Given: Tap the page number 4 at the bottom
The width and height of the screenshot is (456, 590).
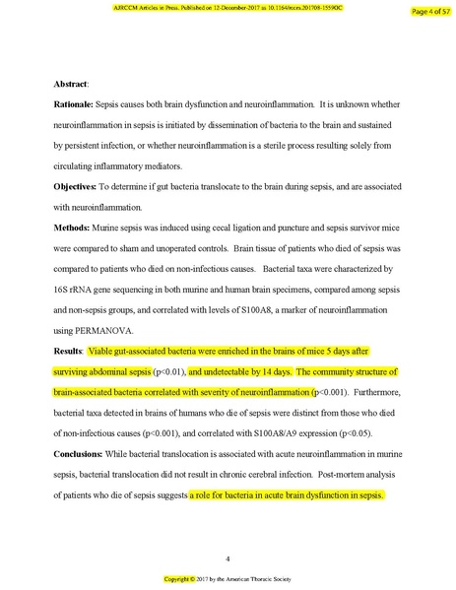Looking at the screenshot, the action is click(x=228, y=557).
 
